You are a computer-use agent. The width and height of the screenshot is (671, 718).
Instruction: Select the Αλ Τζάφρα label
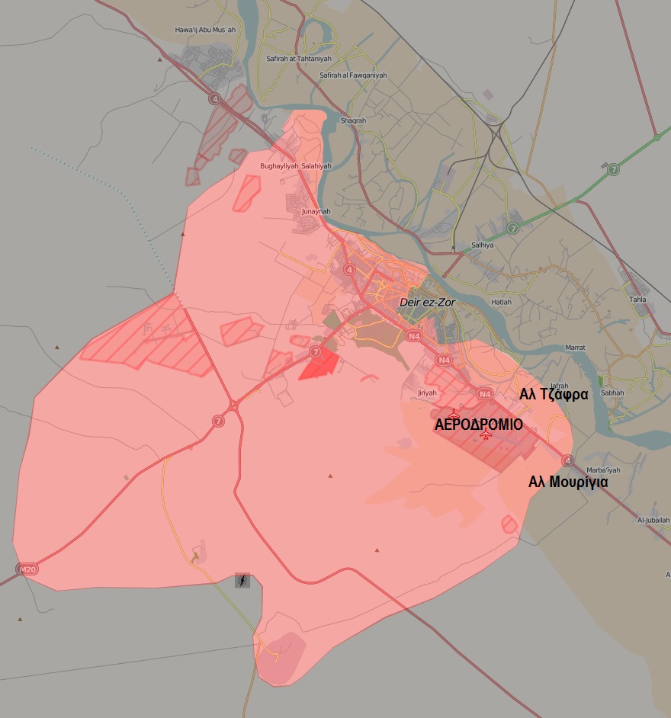click(554, 395)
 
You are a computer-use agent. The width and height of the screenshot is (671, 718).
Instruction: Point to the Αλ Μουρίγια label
click(568, 482)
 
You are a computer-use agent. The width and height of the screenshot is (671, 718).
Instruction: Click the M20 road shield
click(26, 569)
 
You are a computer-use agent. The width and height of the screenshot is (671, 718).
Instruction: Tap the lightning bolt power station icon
click(242, 581)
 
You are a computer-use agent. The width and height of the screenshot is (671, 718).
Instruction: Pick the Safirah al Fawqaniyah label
click(353, 75)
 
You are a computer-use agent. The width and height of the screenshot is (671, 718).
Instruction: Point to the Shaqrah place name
click(353, 120)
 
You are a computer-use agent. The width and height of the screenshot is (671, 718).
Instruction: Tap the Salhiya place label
click(483, 245)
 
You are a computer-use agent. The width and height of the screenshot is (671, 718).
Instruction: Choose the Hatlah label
click(502, 302)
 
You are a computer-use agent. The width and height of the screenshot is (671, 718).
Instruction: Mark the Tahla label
click(638, 299)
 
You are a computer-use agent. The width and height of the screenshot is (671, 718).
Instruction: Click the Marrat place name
click(575, 348)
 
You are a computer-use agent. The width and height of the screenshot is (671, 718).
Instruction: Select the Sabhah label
click(612, 393)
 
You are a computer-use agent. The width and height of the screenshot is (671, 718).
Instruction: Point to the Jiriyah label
click(427, 393)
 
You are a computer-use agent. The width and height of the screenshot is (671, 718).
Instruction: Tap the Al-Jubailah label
click(653, 520)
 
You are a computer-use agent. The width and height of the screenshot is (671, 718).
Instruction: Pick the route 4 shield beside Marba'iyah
click(567, 460)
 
